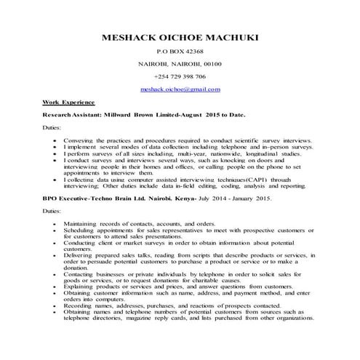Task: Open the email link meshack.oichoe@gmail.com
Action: point(180,89)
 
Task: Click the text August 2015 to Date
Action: point(213,115)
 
